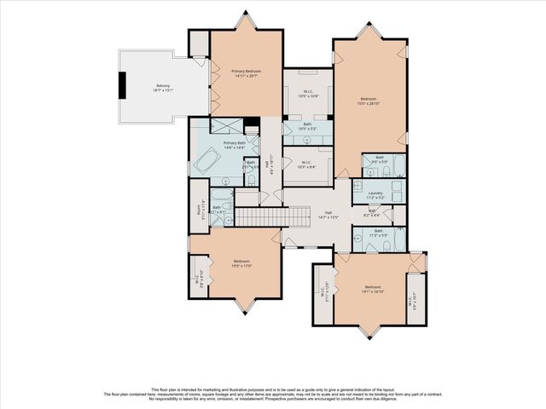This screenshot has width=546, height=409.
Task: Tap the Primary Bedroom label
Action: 246,73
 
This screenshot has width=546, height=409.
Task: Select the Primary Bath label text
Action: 235,144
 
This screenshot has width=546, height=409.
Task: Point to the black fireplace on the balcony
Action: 122,84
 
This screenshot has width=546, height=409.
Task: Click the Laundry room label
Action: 375,194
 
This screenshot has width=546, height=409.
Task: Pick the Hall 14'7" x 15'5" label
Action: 328,215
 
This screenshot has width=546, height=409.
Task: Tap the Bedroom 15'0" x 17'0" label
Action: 242,263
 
